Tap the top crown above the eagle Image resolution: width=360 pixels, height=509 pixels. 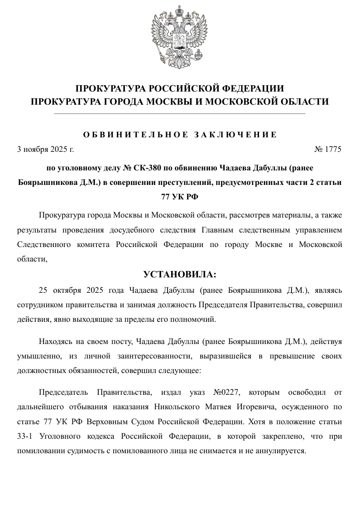(x=180, y=10)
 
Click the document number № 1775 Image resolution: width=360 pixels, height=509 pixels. (x=327, y=149)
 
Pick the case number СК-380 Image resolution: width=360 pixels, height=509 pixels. (x=147, y=168)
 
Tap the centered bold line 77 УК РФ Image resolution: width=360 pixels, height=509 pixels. (x=180, y=197)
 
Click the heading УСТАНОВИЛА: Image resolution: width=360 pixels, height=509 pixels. (x=180, y=275)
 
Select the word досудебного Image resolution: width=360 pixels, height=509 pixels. (x=129, y=230)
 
